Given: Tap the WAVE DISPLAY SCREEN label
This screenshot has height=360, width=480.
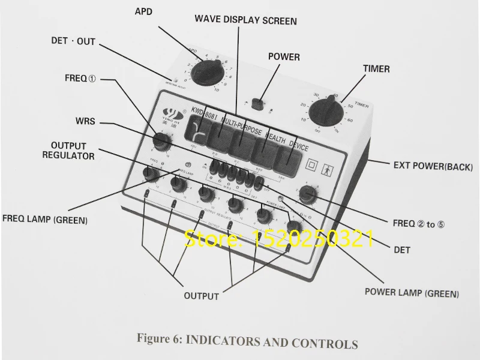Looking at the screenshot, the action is (245, 20).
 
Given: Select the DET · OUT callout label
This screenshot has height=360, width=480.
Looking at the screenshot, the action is (73, 42).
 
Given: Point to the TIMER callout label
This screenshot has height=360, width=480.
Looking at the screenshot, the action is (376, 69).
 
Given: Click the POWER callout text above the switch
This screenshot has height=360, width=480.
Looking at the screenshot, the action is (284, 57).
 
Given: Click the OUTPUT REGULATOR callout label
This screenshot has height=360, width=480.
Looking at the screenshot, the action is (68, 151).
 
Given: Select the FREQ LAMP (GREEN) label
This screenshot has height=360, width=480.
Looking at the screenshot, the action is (45, 220).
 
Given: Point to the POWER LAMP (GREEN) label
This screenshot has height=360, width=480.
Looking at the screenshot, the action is (412, 293).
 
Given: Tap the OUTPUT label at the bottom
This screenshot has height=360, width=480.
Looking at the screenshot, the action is (202, 296).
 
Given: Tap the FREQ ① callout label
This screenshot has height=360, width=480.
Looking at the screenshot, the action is (80, 78).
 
